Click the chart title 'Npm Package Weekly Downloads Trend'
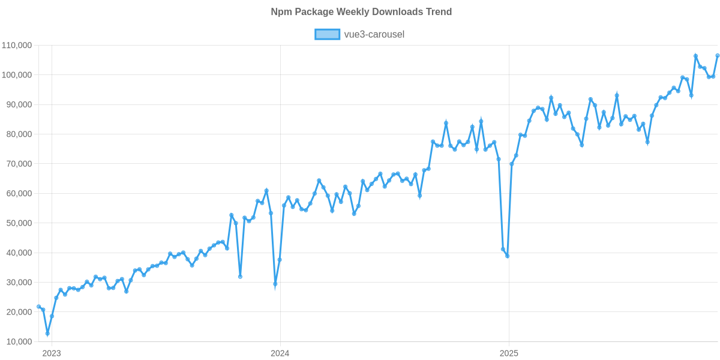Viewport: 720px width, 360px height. [x=360, y=12]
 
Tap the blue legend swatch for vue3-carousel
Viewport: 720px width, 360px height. [x=327, y=34]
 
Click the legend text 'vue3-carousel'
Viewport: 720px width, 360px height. [x=374, y=34]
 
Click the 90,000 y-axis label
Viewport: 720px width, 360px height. [x=18, y=104]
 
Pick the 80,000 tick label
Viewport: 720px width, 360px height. [x=18, y=134]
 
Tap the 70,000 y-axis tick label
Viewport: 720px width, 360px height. [x=18, y=164]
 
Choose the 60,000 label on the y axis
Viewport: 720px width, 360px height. [x=18, y=194]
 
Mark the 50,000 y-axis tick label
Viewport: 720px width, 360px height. [x=18, y=223]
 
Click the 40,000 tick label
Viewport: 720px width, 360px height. [x=18, y=253]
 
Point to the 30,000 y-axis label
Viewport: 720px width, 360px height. [x=18, y=283]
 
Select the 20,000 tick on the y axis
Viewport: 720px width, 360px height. [x=18, y=312]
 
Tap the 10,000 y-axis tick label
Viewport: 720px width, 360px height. [x=18, y=342]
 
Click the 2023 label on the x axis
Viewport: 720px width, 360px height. [x=51, y=353]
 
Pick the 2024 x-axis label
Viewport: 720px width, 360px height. [x=280, y=353]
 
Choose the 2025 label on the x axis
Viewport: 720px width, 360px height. [x=509, y=353]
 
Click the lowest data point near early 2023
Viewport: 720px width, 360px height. [x=47, y=333]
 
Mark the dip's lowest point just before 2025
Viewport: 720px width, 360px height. [x=508, y=256]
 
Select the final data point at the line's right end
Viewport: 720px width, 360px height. [x=718, y=56]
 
